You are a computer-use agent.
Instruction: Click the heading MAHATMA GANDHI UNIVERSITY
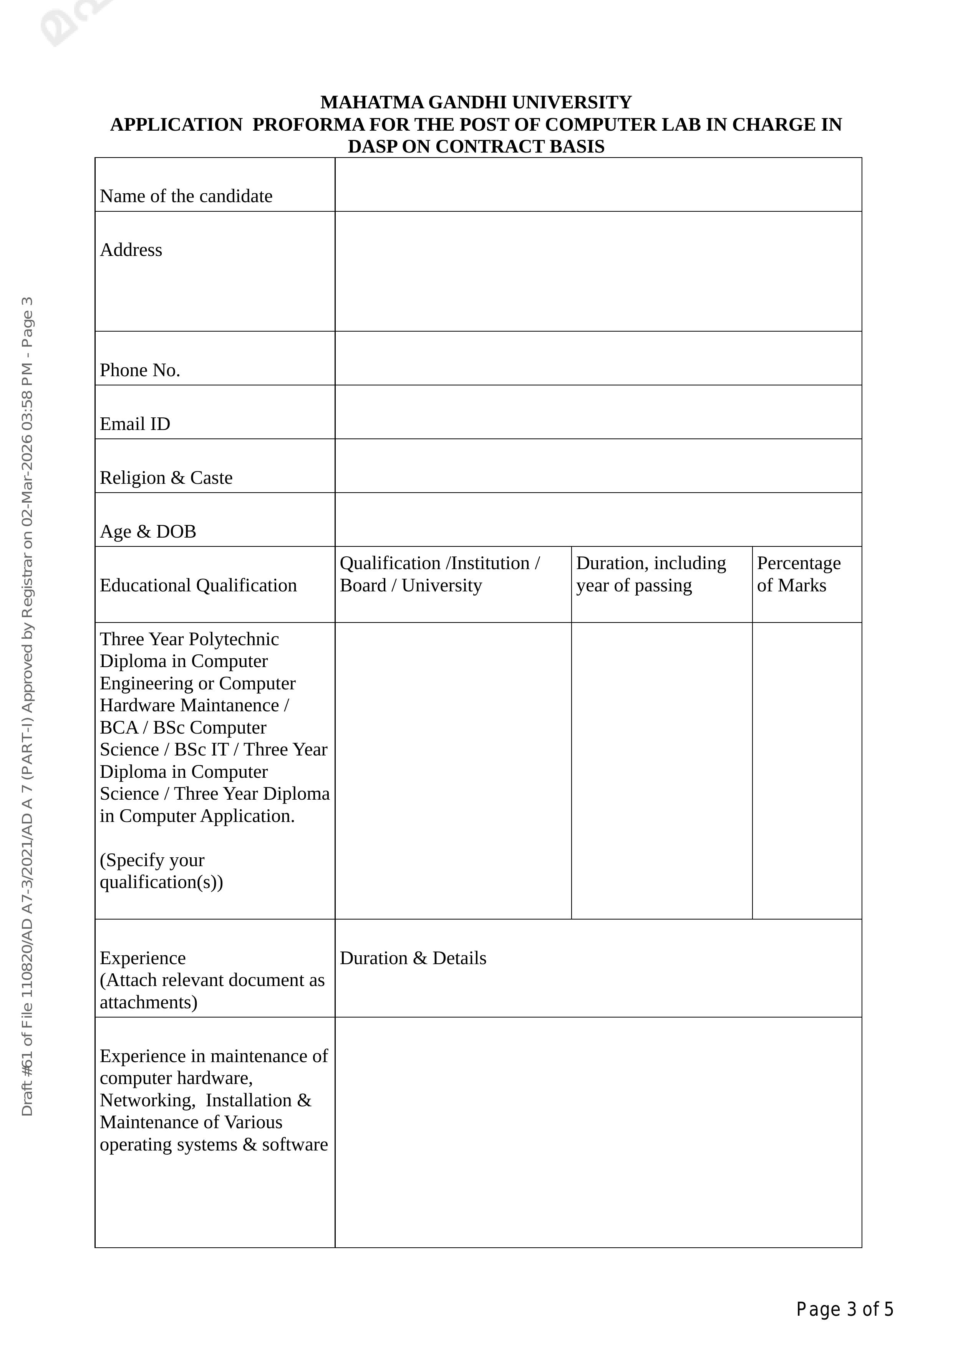tap(476, 102)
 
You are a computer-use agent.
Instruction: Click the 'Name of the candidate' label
tap(186, 196)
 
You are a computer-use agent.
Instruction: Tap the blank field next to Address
tap(598, 271)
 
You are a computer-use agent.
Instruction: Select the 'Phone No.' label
tap(140, 370)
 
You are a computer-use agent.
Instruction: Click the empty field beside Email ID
tap(598, 412)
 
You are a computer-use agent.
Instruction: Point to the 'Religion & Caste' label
tap(166, 478)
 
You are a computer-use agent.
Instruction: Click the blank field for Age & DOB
tap(598, 520)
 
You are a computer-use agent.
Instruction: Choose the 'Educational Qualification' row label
tap(198, 585)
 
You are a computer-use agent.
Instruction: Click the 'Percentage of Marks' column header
tap(799, 574)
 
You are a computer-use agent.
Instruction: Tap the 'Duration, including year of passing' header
tap(651, 574)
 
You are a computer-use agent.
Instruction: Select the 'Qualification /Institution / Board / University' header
tap(439, 574)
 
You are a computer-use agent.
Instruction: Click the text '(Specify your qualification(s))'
tap(161, 871)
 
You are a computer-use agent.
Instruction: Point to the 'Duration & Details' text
tap(413, 958)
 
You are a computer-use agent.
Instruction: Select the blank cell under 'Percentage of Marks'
tap(807, 770)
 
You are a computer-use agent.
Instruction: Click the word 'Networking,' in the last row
tap(147, 1100)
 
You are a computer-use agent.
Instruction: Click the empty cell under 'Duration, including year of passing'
tap(661, 770)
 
